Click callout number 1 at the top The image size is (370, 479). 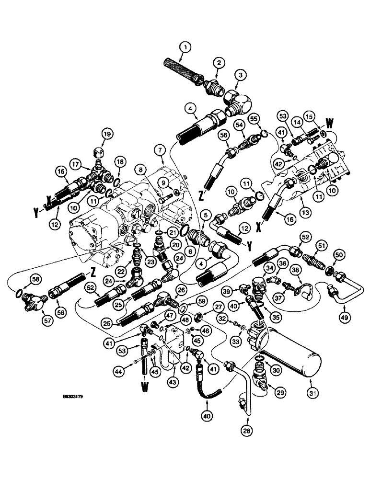click(185, 47)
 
